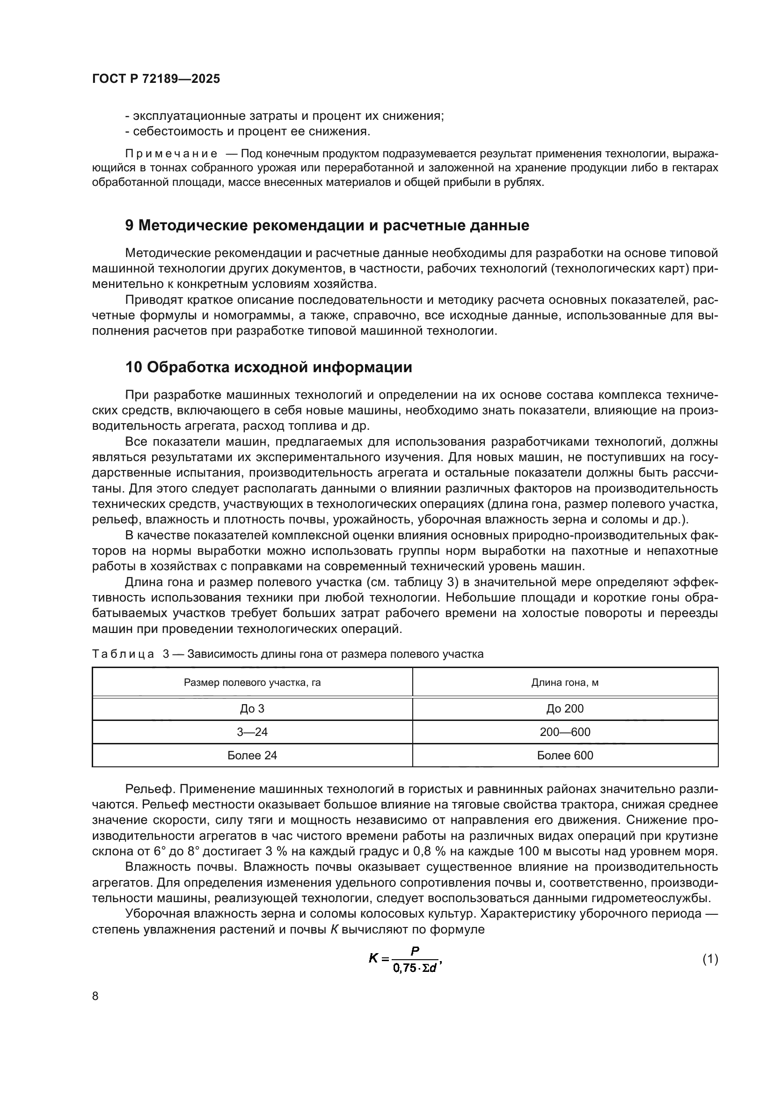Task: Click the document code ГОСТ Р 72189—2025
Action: point(156,79)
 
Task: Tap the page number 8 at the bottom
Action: point(95,996)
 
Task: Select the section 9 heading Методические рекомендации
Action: point(327,225)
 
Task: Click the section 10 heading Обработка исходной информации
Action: point(268,367)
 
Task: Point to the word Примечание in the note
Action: point(171,154)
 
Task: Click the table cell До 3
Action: point(252,708)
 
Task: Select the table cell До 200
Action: point(565,708)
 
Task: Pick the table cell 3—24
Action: point(252,732)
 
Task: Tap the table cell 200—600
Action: point(565,732)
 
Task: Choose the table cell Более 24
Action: point(252,755)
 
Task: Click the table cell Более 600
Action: point(565,755)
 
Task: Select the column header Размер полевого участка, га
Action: point(252,683)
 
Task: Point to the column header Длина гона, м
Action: point(565,683)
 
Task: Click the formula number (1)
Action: point(710,959)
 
